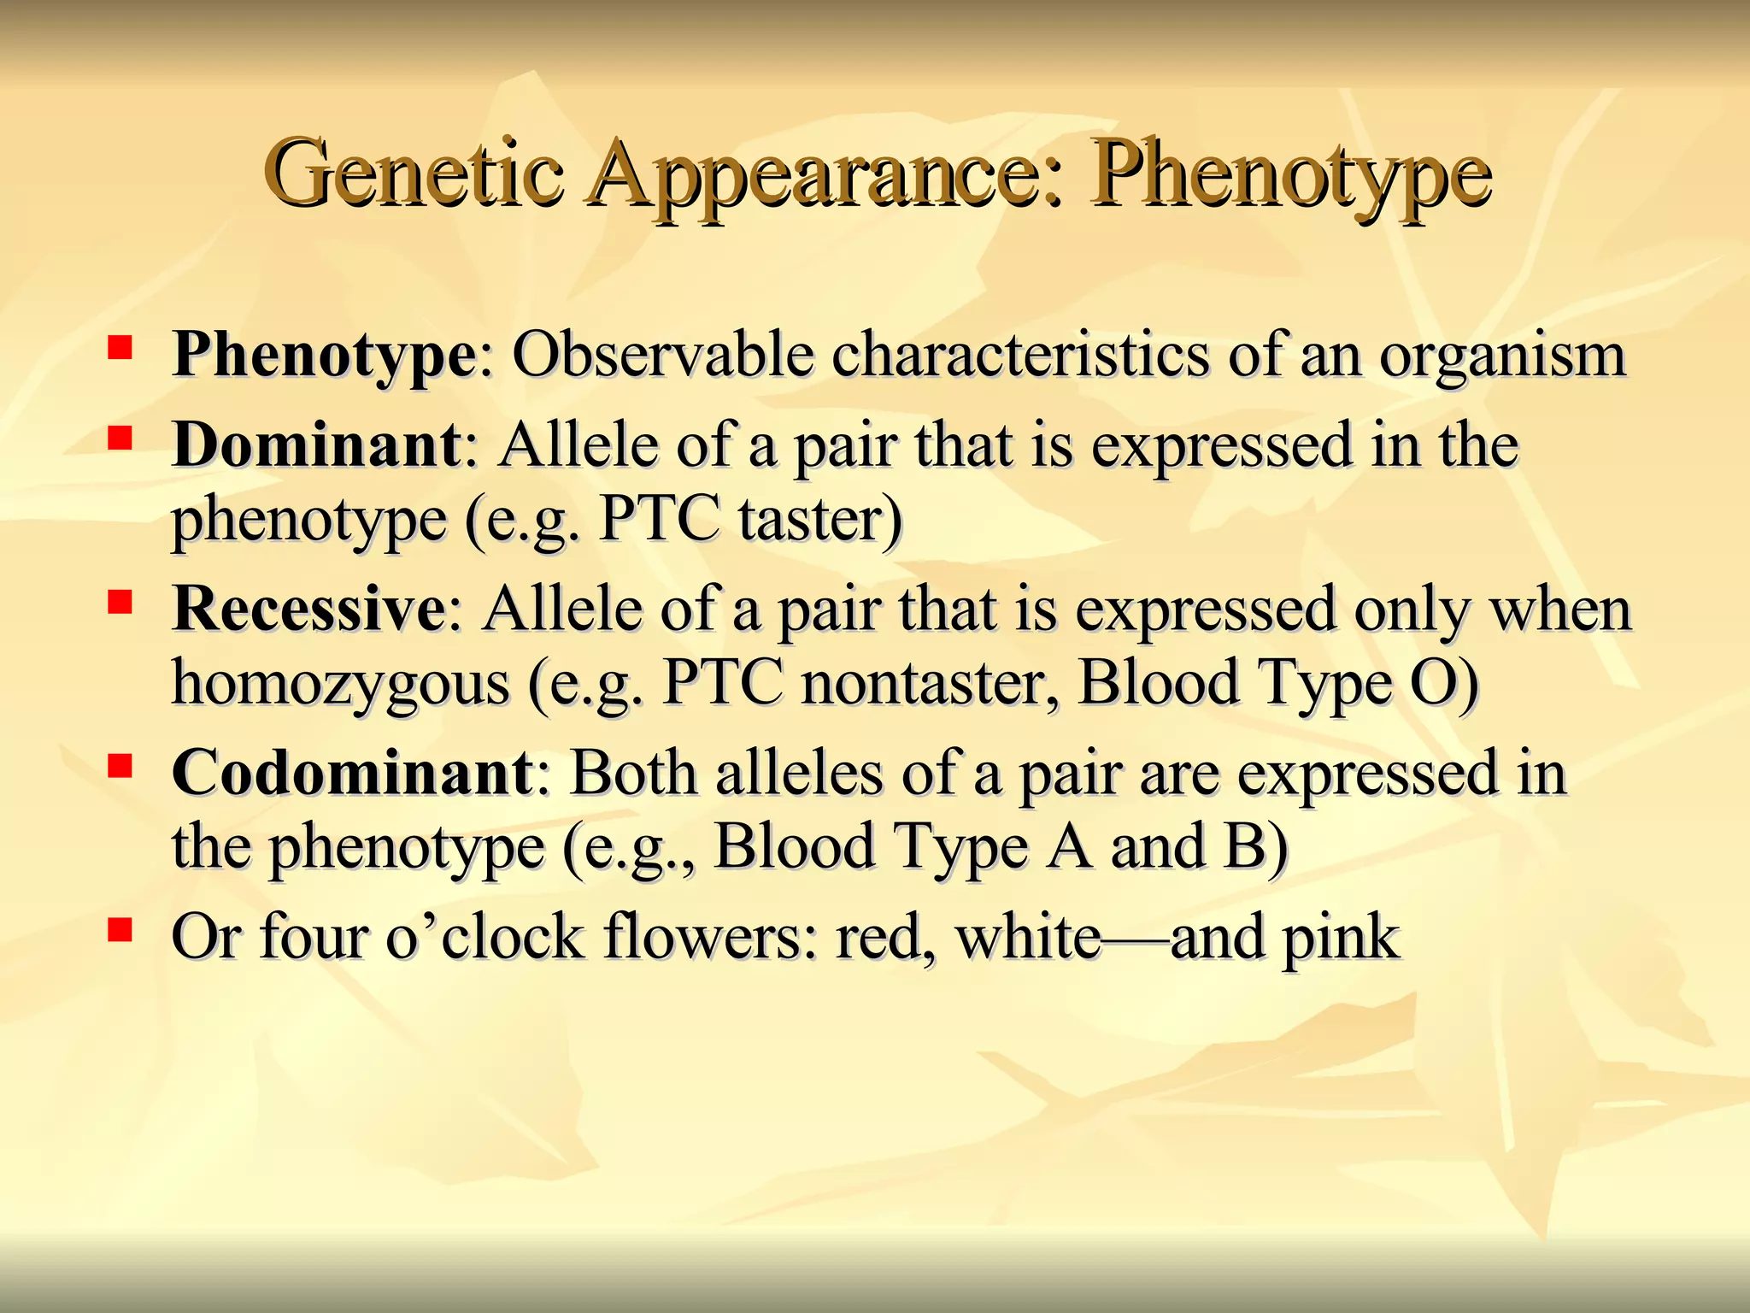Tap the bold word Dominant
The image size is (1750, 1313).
click(x=317, y=445)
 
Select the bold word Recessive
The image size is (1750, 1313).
click(x=308, y=609)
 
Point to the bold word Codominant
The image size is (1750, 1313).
click(x=353, y=774)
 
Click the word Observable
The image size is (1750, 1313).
click(x=662, y=355)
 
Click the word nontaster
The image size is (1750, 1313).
click(x=928, y=683)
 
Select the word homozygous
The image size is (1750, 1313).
click(x=340, y=683)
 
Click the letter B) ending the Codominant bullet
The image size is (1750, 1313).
click(x=1254, y=847)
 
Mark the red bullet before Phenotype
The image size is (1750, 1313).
click(x=120, y=346)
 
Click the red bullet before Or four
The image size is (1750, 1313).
click(x=120, y=929)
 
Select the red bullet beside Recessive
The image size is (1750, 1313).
click(x=120, y=602)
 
